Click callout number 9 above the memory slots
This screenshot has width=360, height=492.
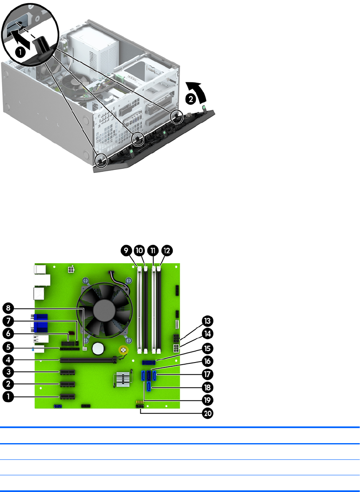click(x=126, y=251)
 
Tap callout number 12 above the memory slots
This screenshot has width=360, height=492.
click(x=167, y=251)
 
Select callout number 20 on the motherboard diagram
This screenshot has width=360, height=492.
click(x=208, y=413)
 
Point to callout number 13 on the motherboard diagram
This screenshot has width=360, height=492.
click(x=208, y=321)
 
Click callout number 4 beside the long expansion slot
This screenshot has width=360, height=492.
click(x=8, y=360)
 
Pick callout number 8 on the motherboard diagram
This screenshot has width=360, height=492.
click(x=8, y=308)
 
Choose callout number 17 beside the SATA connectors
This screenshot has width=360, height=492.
click(x=208, y=374)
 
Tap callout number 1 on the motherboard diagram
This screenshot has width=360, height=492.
click(x=8, y=397)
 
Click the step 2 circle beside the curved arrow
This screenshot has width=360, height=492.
click(x=190, y=99)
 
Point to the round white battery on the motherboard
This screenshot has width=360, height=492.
click(x=98, y=347)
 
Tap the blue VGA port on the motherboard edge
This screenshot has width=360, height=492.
click(x=40, y=323)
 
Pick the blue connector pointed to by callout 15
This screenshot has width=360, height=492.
click(x=149, y=363)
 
